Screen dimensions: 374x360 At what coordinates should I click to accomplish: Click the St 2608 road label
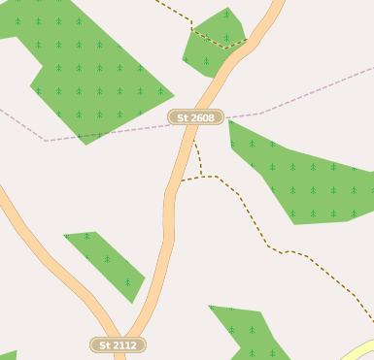coord(195,117)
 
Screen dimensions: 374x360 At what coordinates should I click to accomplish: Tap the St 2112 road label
coord(118,344)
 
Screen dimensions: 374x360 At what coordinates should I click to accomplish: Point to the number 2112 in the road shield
coord(123,344)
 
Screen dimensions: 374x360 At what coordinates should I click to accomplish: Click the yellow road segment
coord(361,350)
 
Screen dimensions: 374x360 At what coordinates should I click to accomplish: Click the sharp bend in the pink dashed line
coord(46,141)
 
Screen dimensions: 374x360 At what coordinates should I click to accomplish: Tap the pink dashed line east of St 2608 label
coord(291,103)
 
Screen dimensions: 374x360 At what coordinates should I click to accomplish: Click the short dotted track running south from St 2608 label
coord(197,153)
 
